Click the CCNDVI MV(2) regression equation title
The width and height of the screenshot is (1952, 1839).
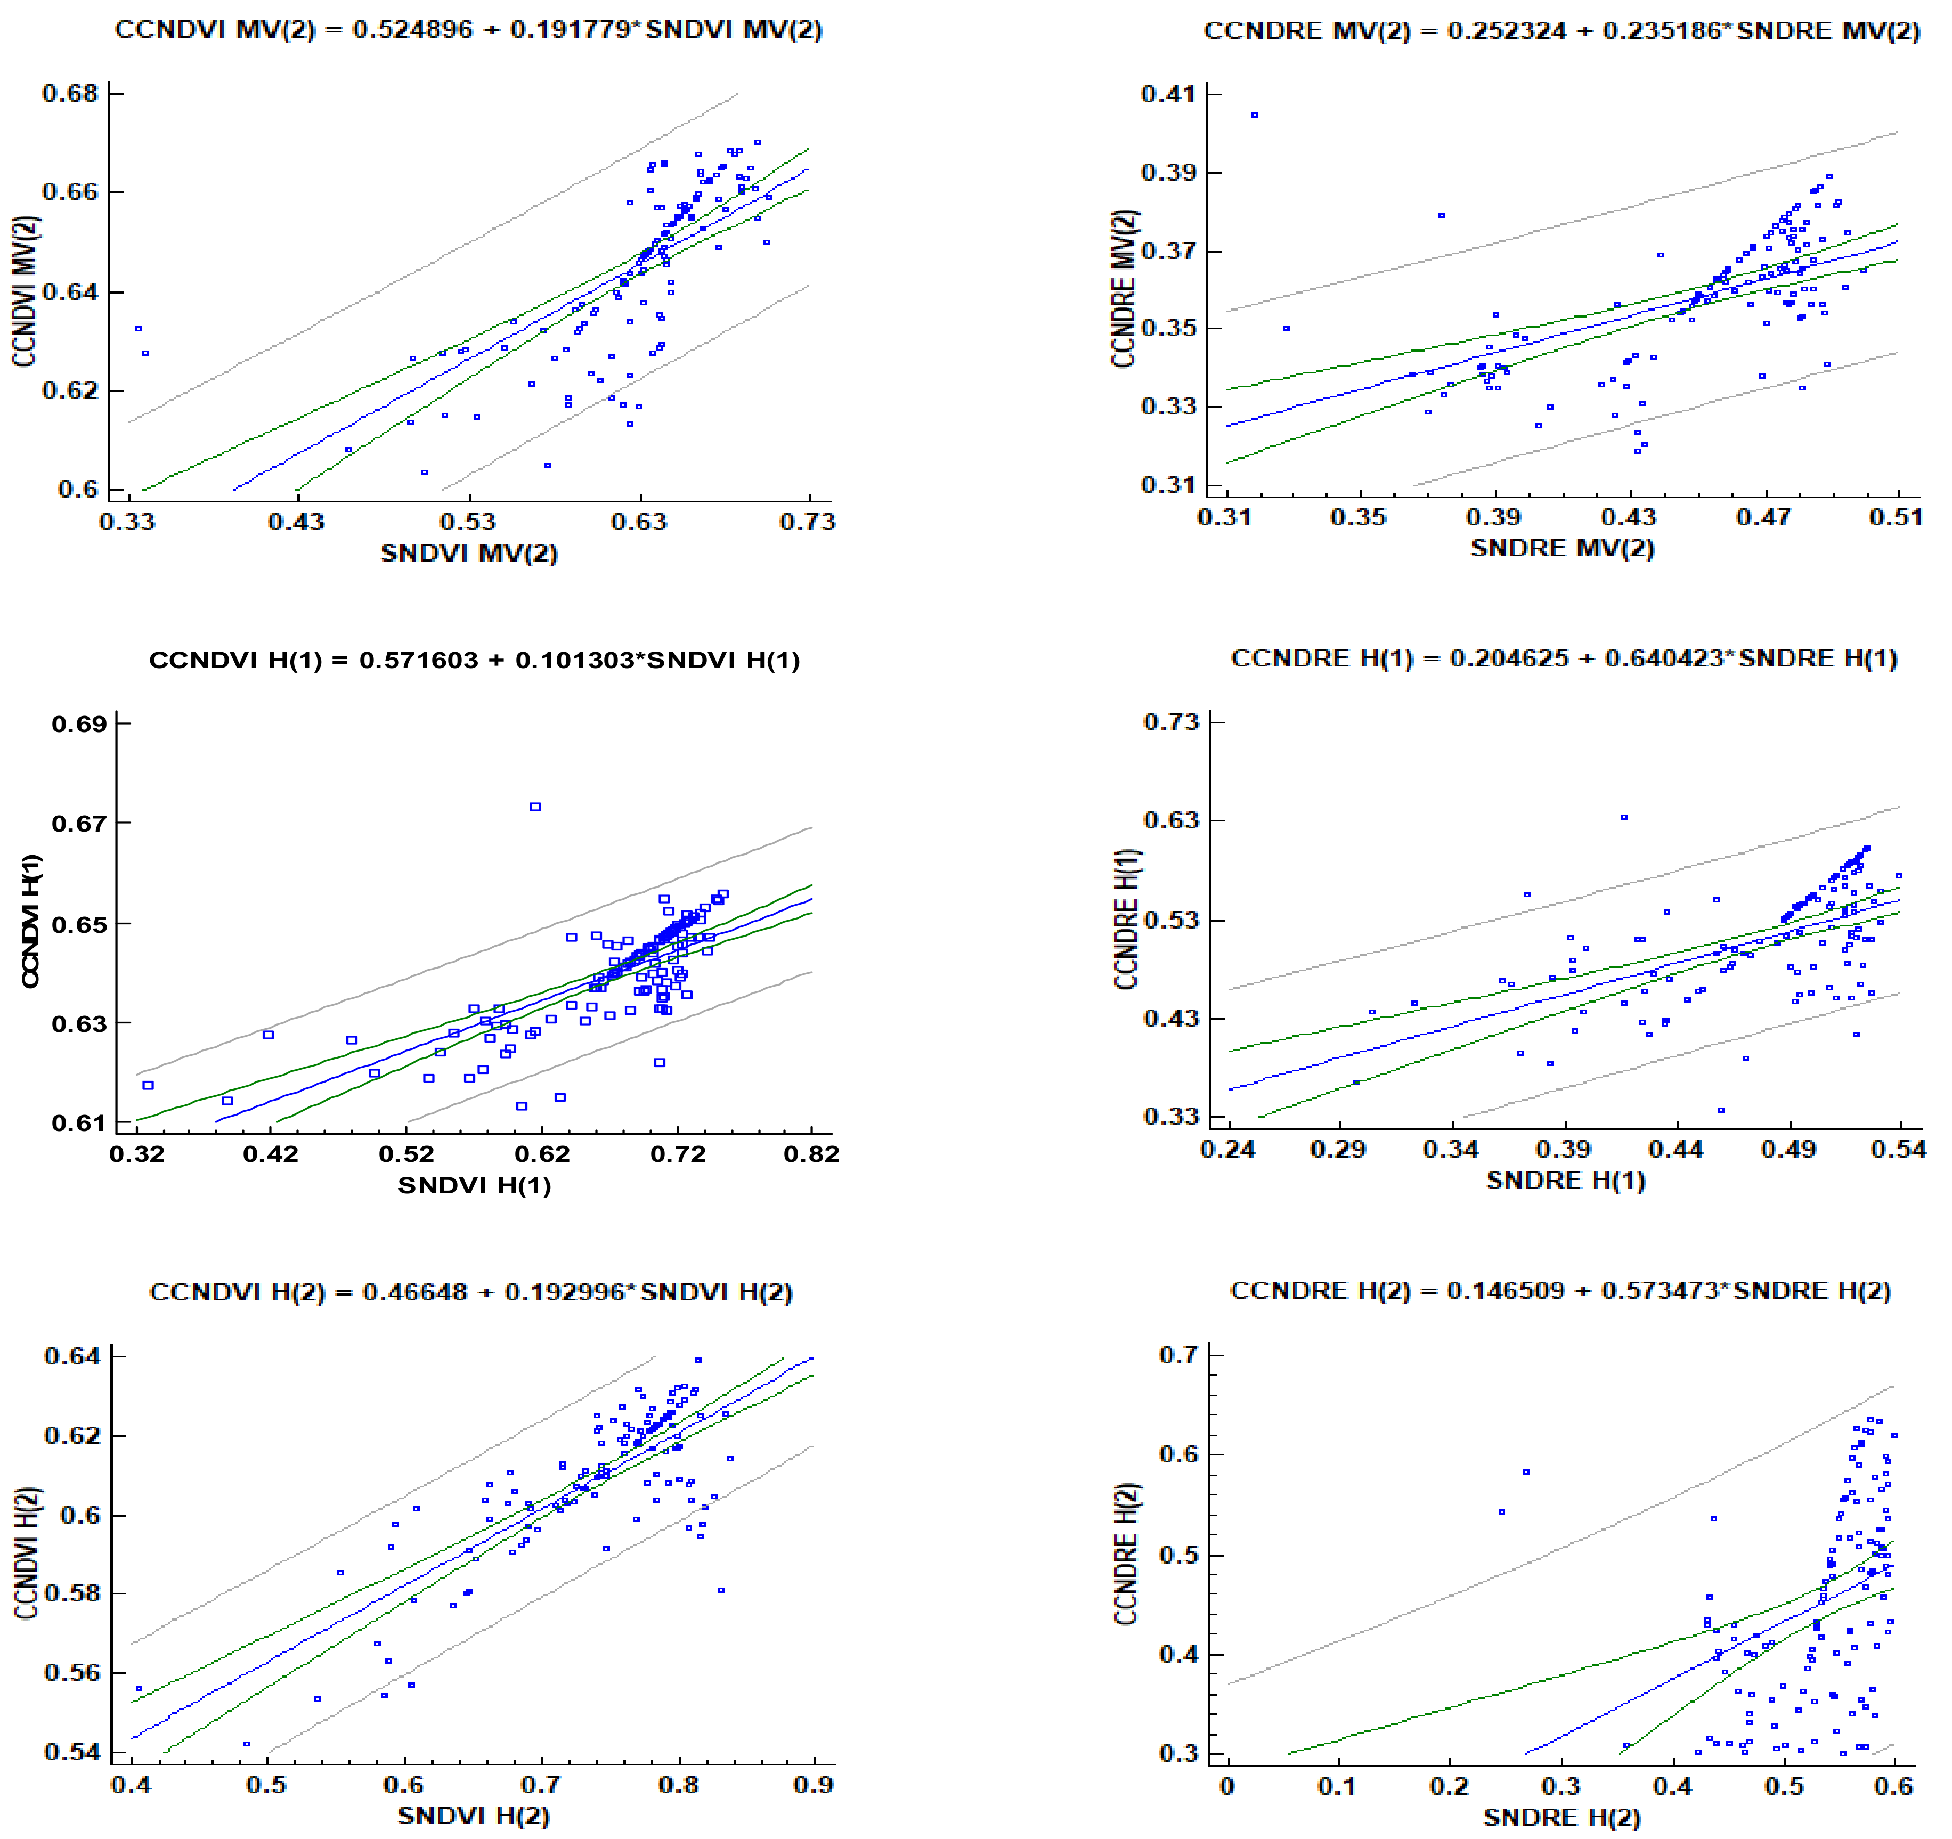click(x=468, y=29)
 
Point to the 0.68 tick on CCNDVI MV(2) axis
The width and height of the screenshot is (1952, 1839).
click(x=71, y=93)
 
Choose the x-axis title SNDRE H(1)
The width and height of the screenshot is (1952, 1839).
click(x=1565, y=1180)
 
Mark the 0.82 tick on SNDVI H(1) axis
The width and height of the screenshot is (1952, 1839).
click(x=811, y=1154)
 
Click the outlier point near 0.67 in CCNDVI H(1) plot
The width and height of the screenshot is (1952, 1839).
click(x=535, y=807)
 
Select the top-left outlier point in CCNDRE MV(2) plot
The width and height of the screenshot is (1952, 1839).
click(x=1254, y=116)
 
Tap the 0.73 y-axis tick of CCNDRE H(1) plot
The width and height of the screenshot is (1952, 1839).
click(x=1172, y=722)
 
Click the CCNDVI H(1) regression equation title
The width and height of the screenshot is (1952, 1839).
click(x=474, y=660)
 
